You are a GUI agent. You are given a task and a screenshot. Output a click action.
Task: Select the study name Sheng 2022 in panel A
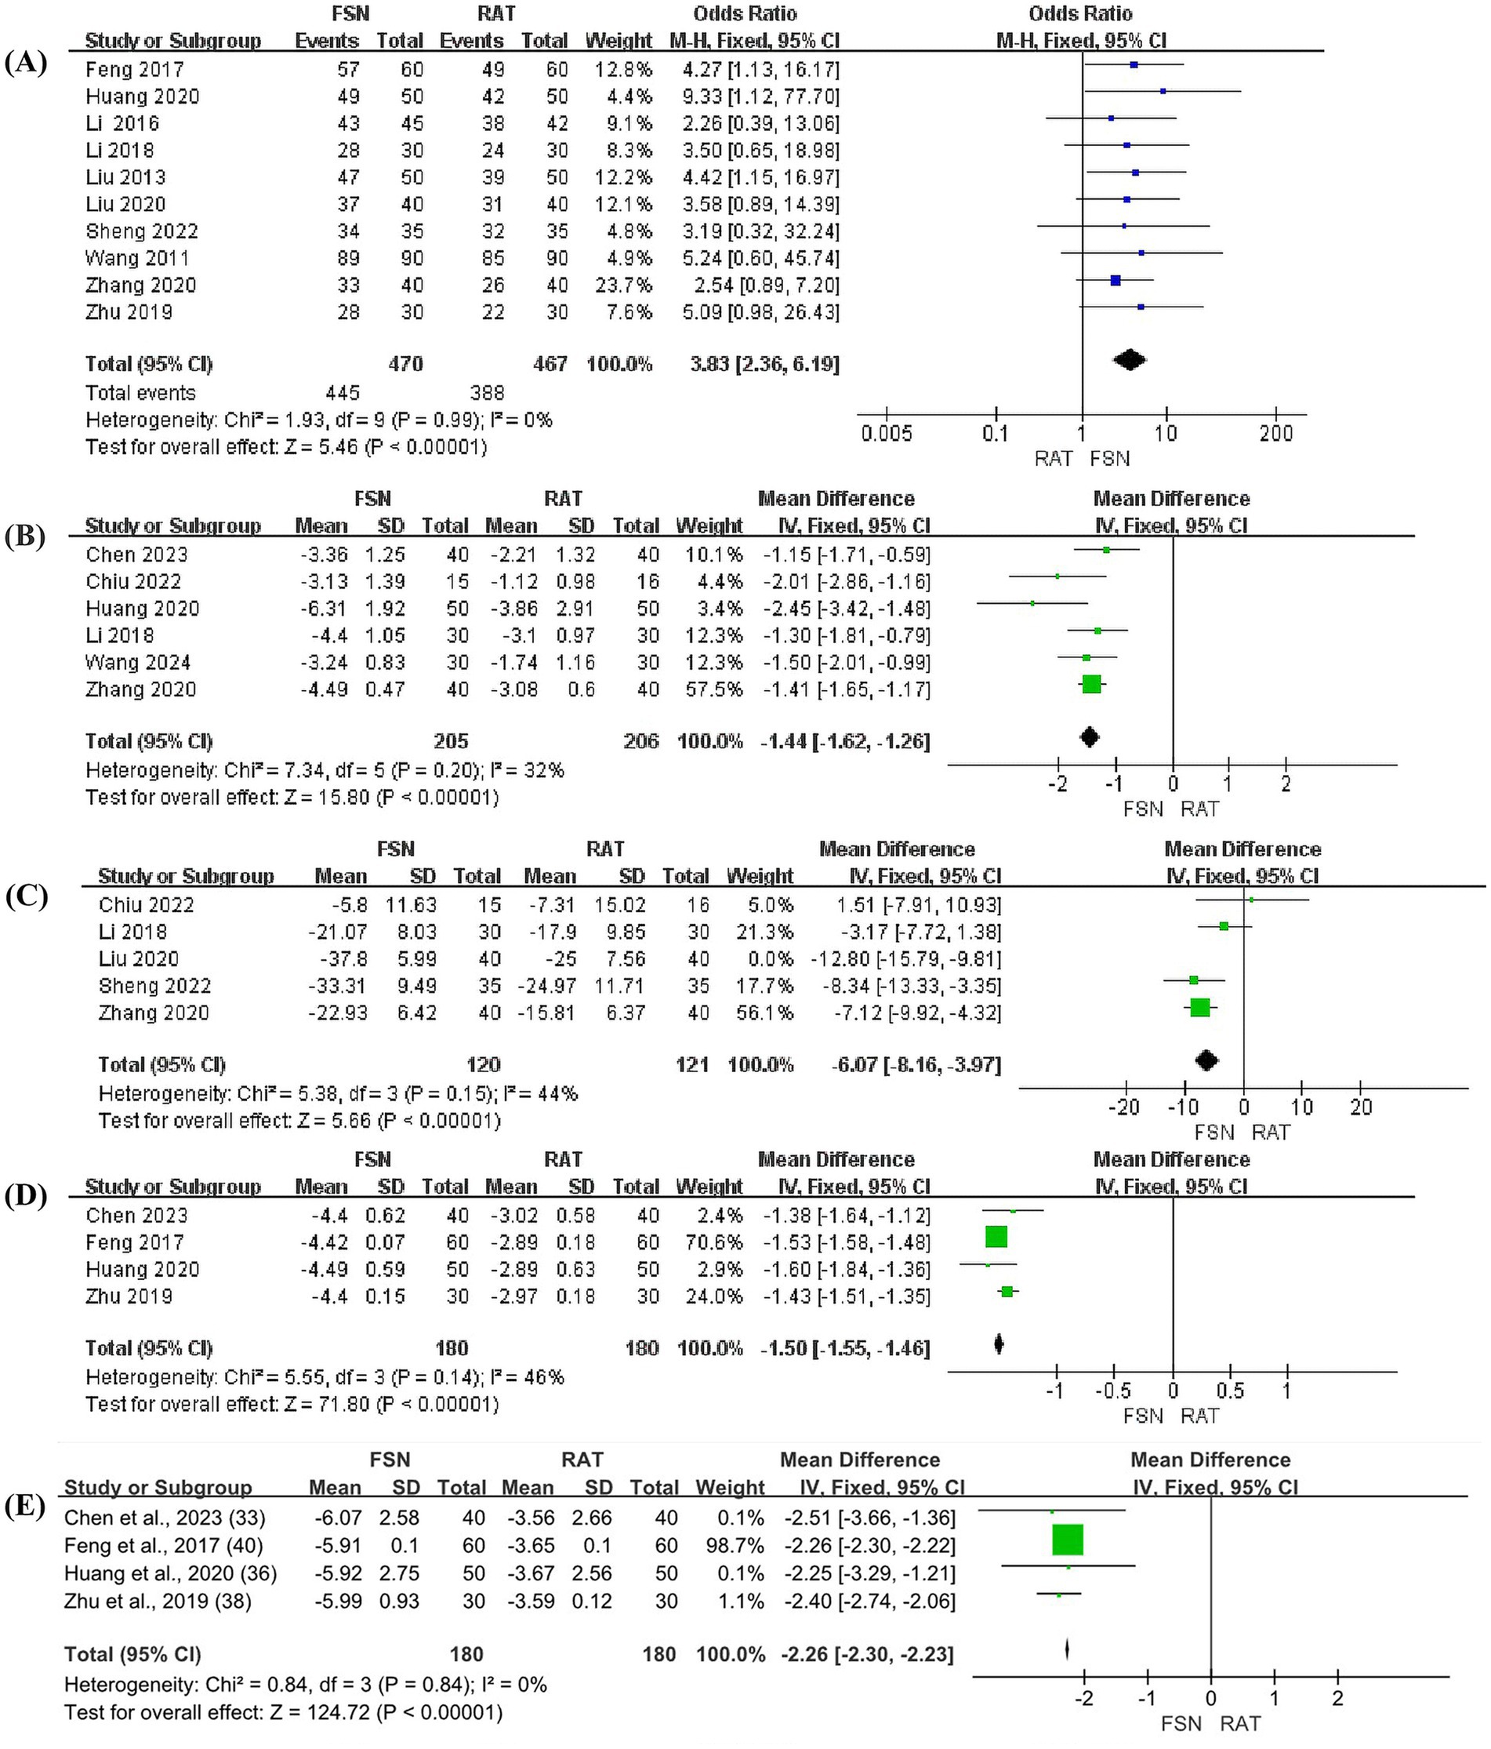tap(142, 231)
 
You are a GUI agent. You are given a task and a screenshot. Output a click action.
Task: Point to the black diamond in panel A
tap(1129, 361)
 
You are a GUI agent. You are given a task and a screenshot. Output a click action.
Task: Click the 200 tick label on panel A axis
tap(1275, 434)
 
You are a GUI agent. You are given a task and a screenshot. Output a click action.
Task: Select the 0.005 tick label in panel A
tap(886, 434)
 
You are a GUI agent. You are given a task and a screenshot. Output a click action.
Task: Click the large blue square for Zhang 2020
tap(1116, 280)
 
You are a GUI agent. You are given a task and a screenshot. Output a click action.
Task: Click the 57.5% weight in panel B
tap(709, 689)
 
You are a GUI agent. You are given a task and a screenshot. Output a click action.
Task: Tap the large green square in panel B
tap(1091, 685)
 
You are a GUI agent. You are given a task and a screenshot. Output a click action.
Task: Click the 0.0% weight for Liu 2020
tap(772, 959)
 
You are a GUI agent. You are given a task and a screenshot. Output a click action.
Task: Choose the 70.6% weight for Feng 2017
tap(709, 1242)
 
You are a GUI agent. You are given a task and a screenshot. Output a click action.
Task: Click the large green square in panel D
tap(996, 1237)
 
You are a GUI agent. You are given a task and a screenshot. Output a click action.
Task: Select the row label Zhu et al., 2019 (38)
tap(158, 1601)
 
